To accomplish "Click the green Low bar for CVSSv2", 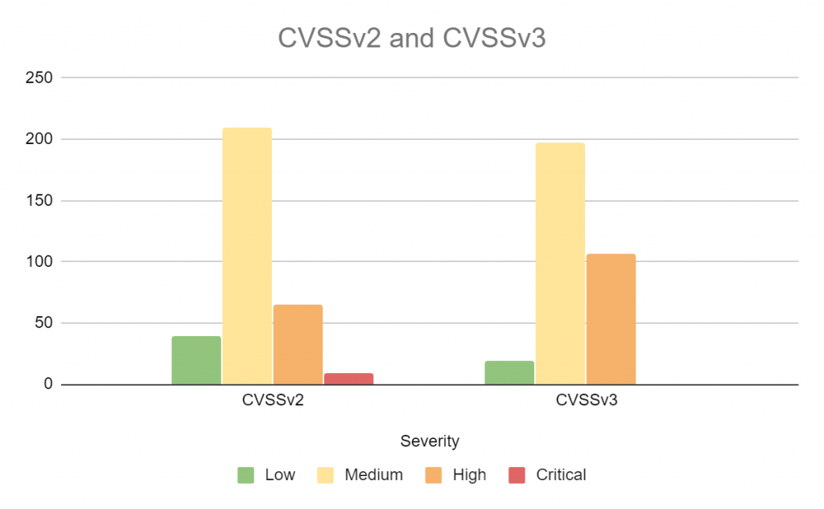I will point(196,360).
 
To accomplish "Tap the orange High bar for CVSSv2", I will point(298,344).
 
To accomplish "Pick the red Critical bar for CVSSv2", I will point(348,379).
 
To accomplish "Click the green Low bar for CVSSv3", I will point(509,372).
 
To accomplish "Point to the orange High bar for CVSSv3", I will point(611,319).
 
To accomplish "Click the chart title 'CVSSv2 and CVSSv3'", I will point(411,39).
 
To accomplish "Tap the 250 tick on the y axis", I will point(39,78).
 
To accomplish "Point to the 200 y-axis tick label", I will point(39,139).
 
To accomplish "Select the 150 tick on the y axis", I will point(39,200).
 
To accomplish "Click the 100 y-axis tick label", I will point(39,261).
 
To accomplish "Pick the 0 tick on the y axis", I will point(48,384).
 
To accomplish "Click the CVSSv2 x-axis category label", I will point(272,402).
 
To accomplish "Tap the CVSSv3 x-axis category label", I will point(587,402).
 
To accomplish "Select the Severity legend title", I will point(430,441).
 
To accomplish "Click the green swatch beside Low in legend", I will point(246,475).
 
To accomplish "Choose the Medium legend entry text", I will point(373,475).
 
